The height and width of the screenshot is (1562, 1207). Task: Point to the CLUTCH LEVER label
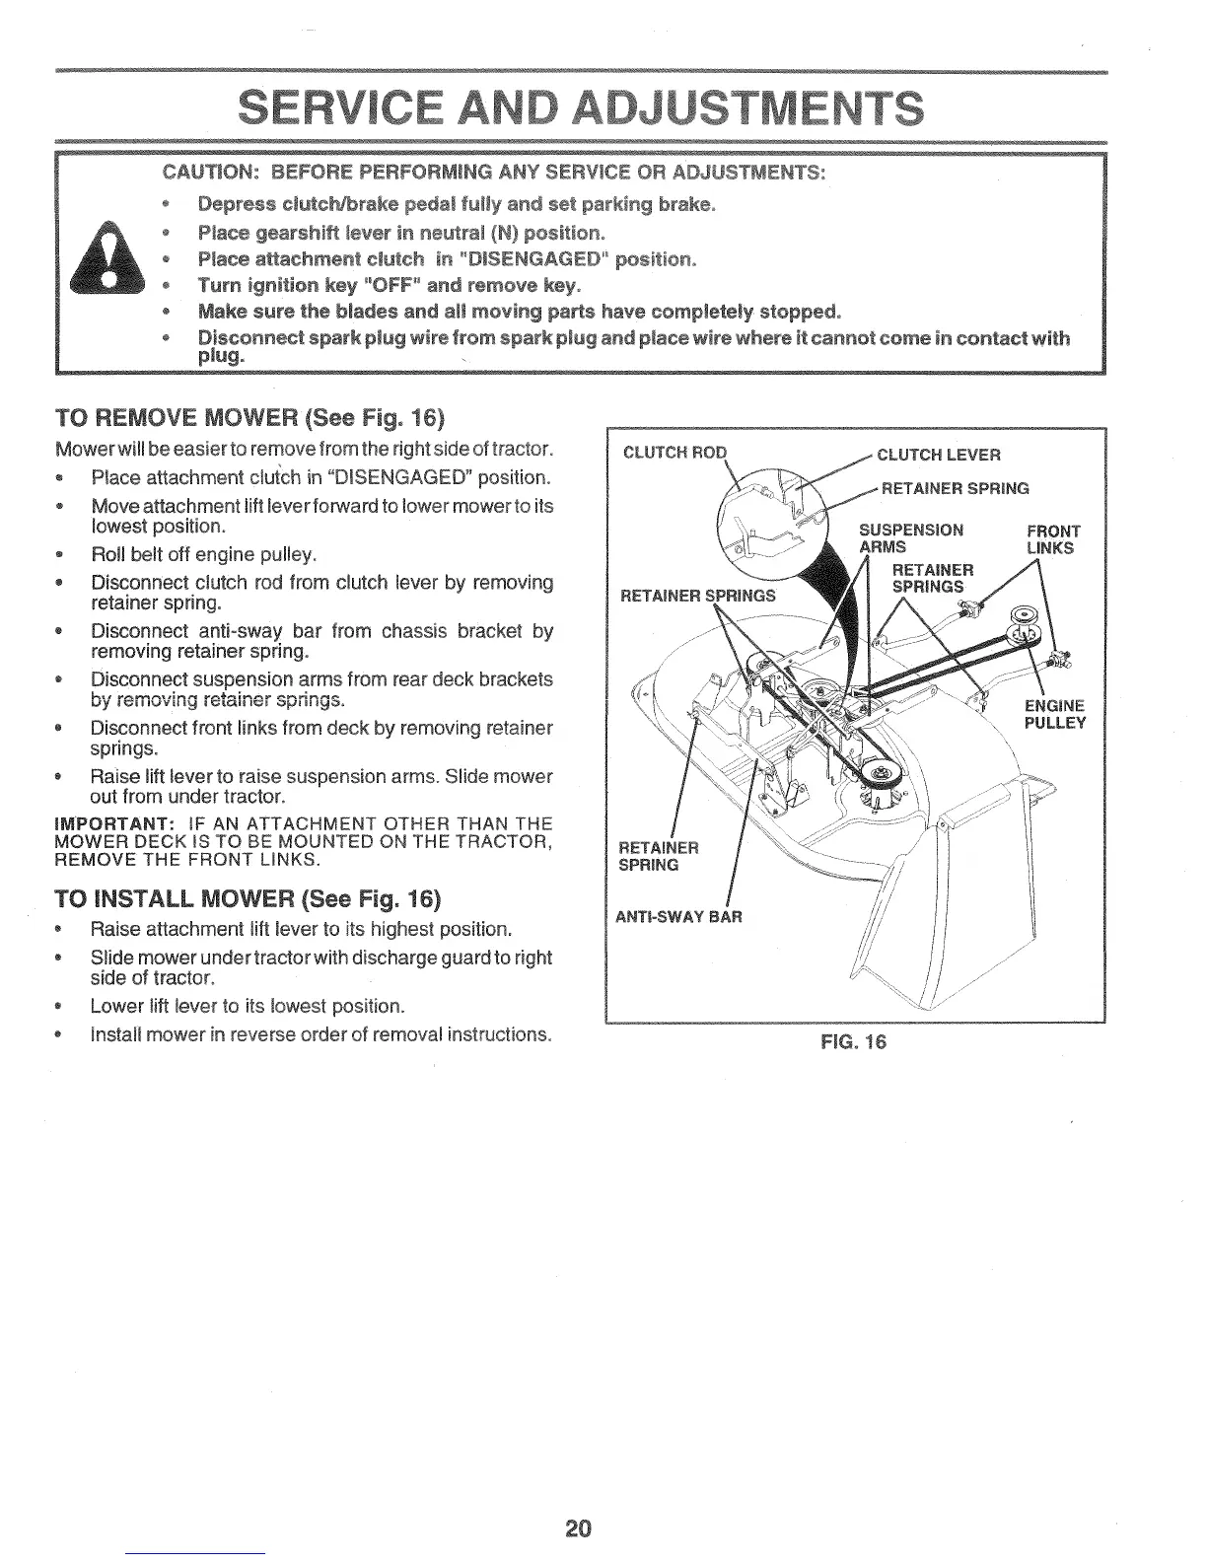click(938, 455)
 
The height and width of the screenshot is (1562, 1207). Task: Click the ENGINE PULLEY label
click(1054, 714)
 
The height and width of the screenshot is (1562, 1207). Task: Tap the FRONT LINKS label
click(1052, 539)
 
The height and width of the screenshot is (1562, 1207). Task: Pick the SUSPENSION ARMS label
click(910, 538)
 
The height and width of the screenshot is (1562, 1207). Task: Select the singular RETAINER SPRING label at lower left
click(658, 856)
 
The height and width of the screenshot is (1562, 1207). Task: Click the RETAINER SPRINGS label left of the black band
click(697, 595)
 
